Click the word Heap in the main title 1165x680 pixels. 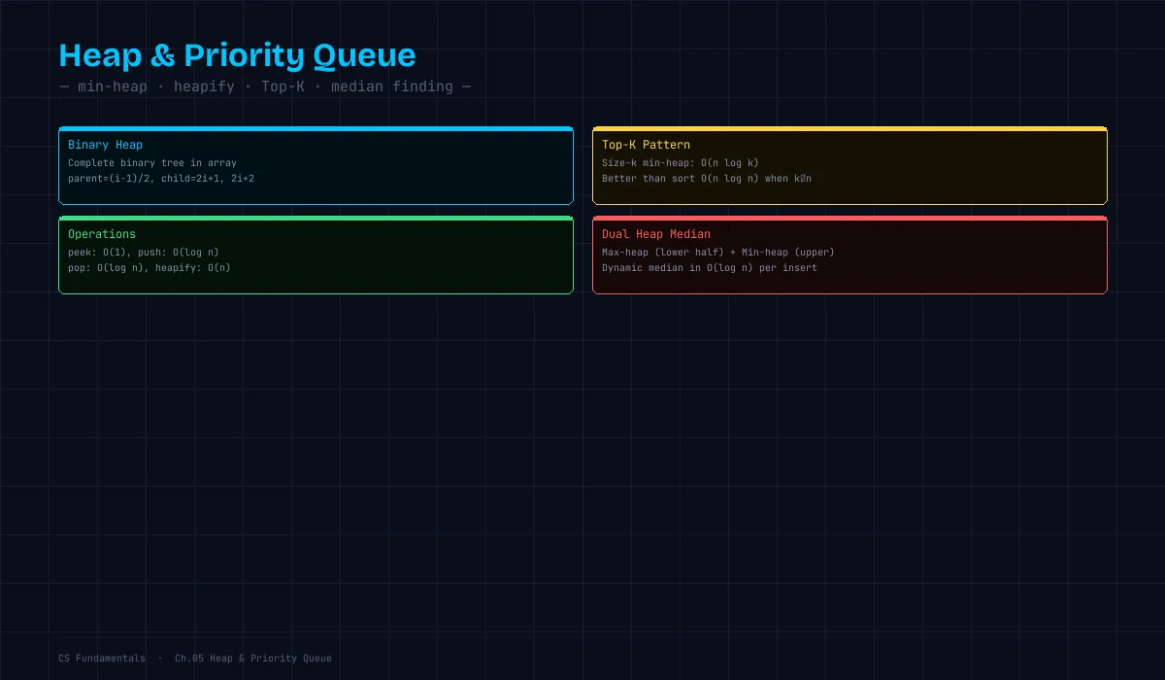(x=100, y=55)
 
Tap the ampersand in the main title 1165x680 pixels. (x=163, y=55)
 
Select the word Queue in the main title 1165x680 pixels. (x=364, y=55)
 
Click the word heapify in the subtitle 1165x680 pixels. (x=204, y=86)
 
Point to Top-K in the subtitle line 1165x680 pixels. (x=283, y=86)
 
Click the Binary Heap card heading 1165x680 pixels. (x=105, y=145)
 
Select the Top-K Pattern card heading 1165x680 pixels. (x=646, y=145)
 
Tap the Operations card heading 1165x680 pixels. (x=102, y=234)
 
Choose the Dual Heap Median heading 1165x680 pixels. (x=656, y=234)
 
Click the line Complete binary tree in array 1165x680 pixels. (x=152, y=163)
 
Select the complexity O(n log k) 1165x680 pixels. (x=730, y=163)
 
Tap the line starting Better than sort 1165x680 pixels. (x=707, y=179)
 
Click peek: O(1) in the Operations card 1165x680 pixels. (x=97, y=253)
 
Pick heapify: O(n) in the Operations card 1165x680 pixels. (x=193, y=268)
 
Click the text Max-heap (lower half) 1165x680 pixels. (x=662, y=253)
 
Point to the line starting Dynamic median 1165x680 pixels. (x=710, y=268)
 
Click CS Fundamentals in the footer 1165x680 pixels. (x=102, y=659)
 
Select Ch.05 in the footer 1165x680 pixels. (x=189, y=659)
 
